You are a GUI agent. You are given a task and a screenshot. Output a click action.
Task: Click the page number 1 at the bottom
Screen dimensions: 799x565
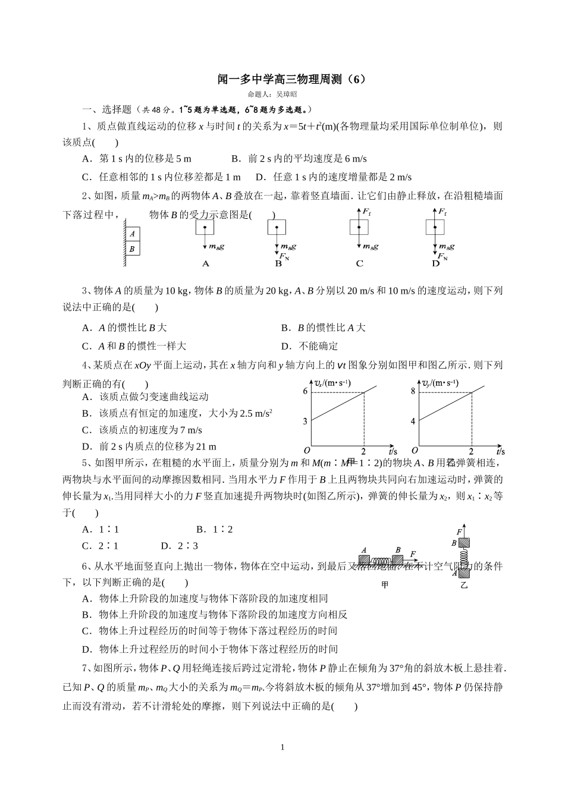tap(282, 747)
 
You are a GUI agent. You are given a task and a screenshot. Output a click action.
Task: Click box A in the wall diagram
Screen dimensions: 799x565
tap(132, 234)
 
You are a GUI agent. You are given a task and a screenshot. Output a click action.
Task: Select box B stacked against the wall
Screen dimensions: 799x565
tap(132, 248)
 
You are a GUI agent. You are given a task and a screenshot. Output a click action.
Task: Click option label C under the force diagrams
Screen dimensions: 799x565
tap(359, 263)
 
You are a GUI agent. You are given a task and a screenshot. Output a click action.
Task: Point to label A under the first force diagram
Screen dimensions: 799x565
tap(206, 263)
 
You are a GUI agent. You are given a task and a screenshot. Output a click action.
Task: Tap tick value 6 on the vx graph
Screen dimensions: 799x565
tap(305, 391)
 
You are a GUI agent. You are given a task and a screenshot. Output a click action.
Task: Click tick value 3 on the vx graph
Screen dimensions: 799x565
tap(305, 421)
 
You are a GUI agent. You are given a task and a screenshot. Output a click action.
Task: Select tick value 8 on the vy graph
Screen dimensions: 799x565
tap(413, 391)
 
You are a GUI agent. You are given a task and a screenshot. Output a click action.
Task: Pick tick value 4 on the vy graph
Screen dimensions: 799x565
tap(413, 421)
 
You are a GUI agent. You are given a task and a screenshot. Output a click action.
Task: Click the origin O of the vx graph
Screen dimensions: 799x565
tap(307, 451)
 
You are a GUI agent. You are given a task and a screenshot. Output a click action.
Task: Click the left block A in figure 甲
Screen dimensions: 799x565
tap(363, 559)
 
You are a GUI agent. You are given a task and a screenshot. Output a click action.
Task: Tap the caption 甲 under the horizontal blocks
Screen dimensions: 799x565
tap(384, 585)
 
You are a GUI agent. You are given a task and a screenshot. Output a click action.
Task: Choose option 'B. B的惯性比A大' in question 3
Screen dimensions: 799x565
tap(323, 328)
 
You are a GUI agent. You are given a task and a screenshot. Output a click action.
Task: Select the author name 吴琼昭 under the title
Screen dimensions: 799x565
tap(287, 94)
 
